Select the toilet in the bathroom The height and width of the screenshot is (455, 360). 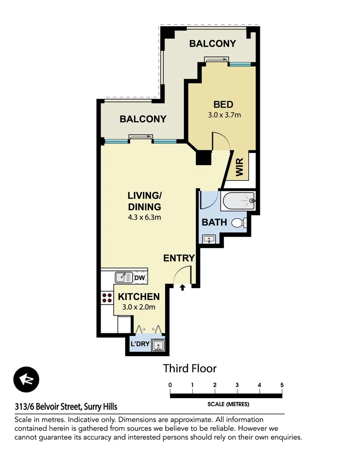(x=239, y=223)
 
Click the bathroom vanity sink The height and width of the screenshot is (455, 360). (x=208, y=239)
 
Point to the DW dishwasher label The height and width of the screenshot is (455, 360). (x=139, y=278)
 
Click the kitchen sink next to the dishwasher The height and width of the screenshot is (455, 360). (x=123, y=278)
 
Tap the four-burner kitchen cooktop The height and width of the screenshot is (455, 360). (x=107, y=298)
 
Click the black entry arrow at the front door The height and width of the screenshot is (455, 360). (x=182, y=288)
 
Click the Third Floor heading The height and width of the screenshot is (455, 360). (x=189, y=369)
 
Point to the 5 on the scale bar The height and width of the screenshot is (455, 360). (x=282, y=385)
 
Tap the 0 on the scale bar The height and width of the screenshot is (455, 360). (x=170, y=385)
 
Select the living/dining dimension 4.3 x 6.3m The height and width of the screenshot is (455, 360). (x=144, y=218)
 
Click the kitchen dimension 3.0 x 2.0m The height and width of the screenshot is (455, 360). (x=139, y=307)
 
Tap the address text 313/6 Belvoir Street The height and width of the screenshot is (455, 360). (x=66, y=407)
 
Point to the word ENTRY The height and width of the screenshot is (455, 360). (x=179, y=258)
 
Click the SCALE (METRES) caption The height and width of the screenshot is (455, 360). (x=228, y=404)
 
